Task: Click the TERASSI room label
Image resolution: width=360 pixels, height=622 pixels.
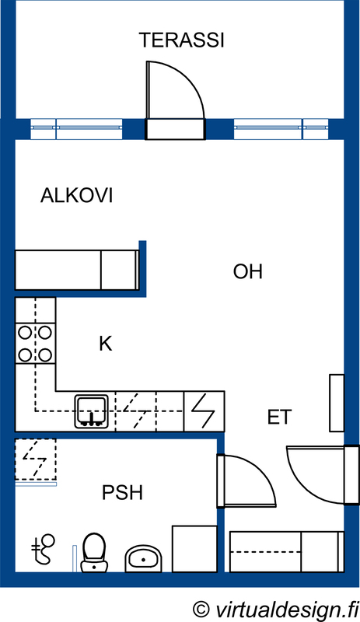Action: [x=181, y=40]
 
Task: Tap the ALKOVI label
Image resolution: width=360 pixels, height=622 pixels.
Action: [x=77, y=196]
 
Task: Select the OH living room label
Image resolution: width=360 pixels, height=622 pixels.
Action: [x=248, y=271]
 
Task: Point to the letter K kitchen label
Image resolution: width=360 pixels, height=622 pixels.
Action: [x=106, y=344]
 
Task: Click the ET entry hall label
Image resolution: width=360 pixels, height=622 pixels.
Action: [x=279, y=417]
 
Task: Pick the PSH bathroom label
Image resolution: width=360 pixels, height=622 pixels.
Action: [x=122, y=493]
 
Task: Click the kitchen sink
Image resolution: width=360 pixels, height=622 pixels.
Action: [x=92, y=411]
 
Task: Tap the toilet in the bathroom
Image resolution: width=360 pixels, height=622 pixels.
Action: [x=94, y=553]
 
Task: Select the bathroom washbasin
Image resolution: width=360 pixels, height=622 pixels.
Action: [x=143, y=558]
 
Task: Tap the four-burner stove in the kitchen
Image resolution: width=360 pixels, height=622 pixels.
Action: [x=35, y=344]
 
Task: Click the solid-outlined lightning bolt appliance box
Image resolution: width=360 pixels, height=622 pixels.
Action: [x=204, y=411]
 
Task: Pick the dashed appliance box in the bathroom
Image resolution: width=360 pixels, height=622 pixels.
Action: [x=35, y=459]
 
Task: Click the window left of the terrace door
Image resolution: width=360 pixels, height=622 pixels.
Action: [x=76, y=128]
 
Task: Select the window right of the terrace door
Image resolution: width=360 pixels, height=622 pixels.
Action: [x=281, y=128]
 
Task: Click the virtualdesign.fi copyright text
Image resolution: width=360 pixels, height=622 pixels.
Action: [x=275, y=609]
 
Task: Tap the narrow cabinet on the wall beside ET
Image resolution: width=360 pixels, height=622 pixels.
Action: [x=337, y=403]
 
